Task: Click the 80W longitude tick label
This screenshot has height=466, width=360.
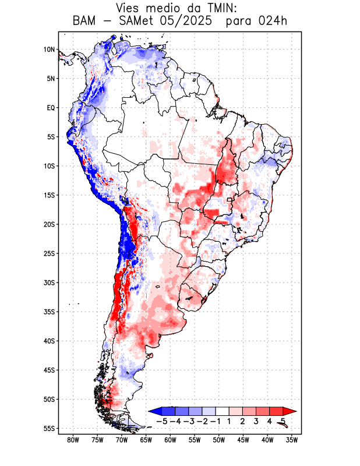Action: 73,440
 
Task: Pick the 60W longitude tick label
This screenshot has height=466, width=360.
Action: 170,440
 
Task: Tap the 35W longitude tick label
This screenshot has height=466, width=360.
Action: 292,440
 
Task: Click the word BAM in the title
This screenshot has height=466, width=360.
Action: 86,22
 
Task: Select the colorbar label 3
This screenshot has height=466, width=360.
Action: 256,421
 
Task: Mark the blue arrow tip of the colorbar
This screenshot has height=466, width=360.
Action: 153,411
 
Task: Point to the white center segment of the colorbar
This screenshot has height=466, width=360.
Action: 223,411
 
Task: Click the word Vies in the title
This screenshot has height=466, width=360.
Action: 129,8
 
